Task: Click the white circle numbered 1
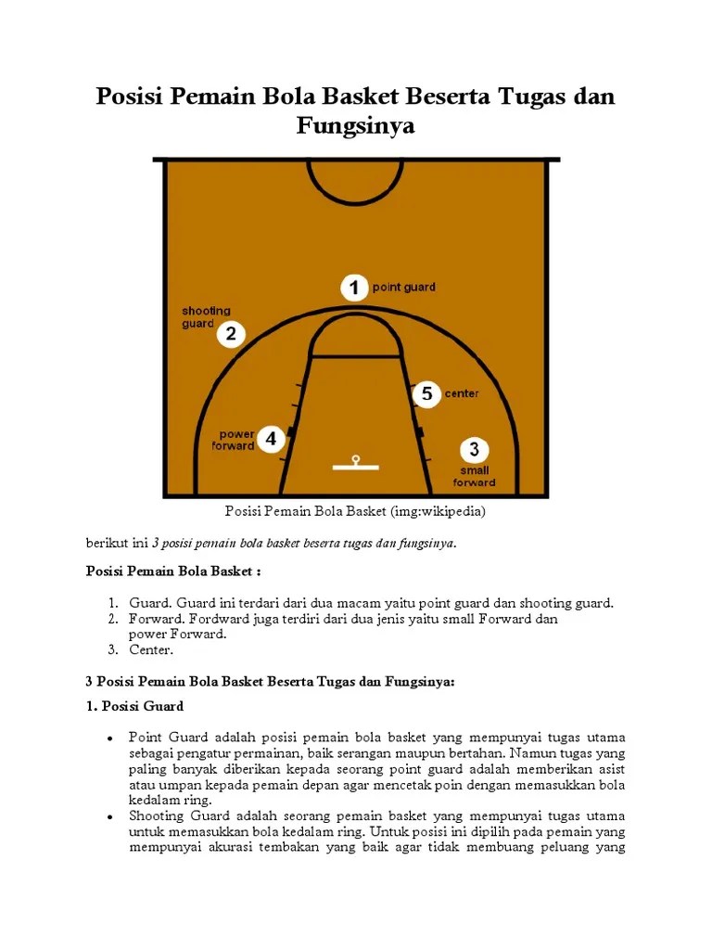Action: tap(352, 288)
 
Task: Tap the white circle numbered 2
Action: tap(231, 334)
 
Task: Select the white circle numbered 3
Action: tap(474, 450)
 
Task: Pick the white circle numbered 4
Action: tap(271, 439)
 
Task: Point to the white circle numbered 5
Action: tap(426, 393)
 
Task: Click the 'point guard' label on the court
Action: tap(403, 288)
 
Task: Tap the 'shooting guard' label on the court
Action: tap(206, 317)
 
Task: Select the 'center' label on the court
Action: tap(462, 393)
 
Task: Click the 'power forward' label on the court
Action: tap(235, 440)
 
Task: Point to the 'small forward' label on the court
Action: tap(474, 476)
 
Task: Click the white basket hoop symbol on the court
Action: tap(354, 462)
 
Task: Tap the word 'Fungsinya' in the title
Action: tap(355, 125)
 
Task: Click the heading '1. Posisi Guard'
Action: tap(134, 707)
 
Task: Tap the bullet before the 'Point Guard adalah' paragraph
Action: tap(109, 738)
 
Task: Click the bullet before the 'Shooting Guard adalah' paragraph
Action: tap(109, 817)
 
